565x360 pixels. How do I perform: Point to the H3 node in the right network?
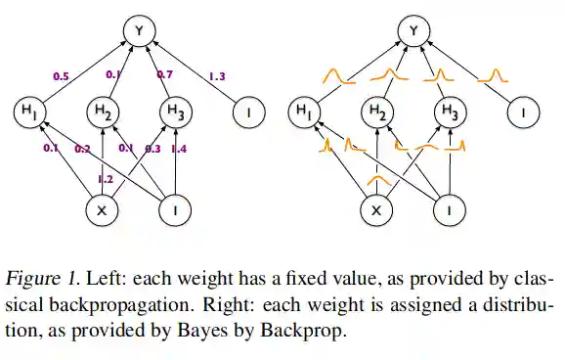click(449, 113)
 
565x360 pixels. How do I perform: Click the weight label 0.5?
click(62, 74)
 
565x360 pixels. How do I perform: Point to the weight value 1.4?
click(179, 149)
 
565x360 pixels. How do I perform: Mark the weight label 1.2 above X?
click(105, 180)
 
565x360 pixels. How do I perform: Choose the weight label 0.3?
click(152, 149)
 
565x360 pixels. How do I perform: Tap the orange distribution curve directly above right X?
click(376, 180)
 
